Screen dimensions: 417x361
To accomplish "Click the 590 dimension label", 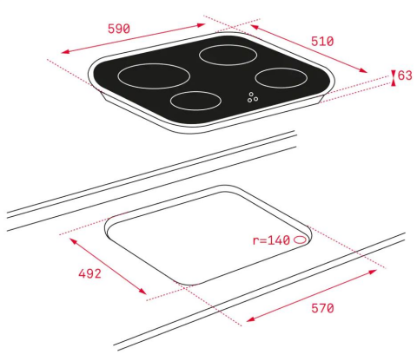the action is pyautogui.click(x=119, y=29).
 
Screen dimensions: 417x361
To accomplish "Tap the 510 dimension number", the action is pyautogui.click(x=322, y=41).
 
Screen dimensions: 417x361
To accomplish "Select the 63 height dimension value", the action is pyautogui.click(x=405, y=75).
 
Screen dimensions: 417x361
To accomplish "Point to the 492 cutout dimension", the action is pyautogui.click(x=89, y=273).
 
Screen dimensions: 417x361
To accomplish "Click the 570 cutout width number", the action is pyautogui.click(x=322, y=308).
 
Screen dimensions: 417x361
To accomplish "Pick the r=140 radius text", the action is pyautogui.click(x=271, y=240).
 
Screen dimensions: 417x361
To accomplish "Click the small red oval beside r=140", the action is pyautogui.click(x=300, y=240).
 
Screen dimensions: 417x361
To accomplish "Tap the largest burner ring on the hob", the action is pyautogui.click(x=154, y=89).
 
